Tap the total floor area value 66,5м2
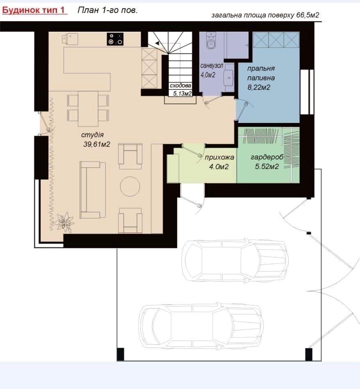coord(308,15)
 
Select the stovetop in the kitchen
coord(115,39)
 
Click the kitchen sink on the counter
coord(70,39)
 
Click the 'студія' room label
coord(92,135)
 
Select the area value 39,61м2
coord(96,144)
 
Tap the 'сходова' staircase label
coord(180,86)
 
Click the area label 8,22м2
coord(259,87)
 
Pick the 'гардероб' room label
coord(267,157)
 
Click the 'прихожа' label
coord(219,157)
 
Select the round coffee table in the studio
coord(130,187)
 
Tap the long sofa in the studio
coord(93,190)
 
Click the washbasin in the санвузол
coord(229,77)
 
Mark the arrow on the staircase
coord(157,43)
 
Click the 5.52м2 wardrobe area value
coord(267,166)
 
